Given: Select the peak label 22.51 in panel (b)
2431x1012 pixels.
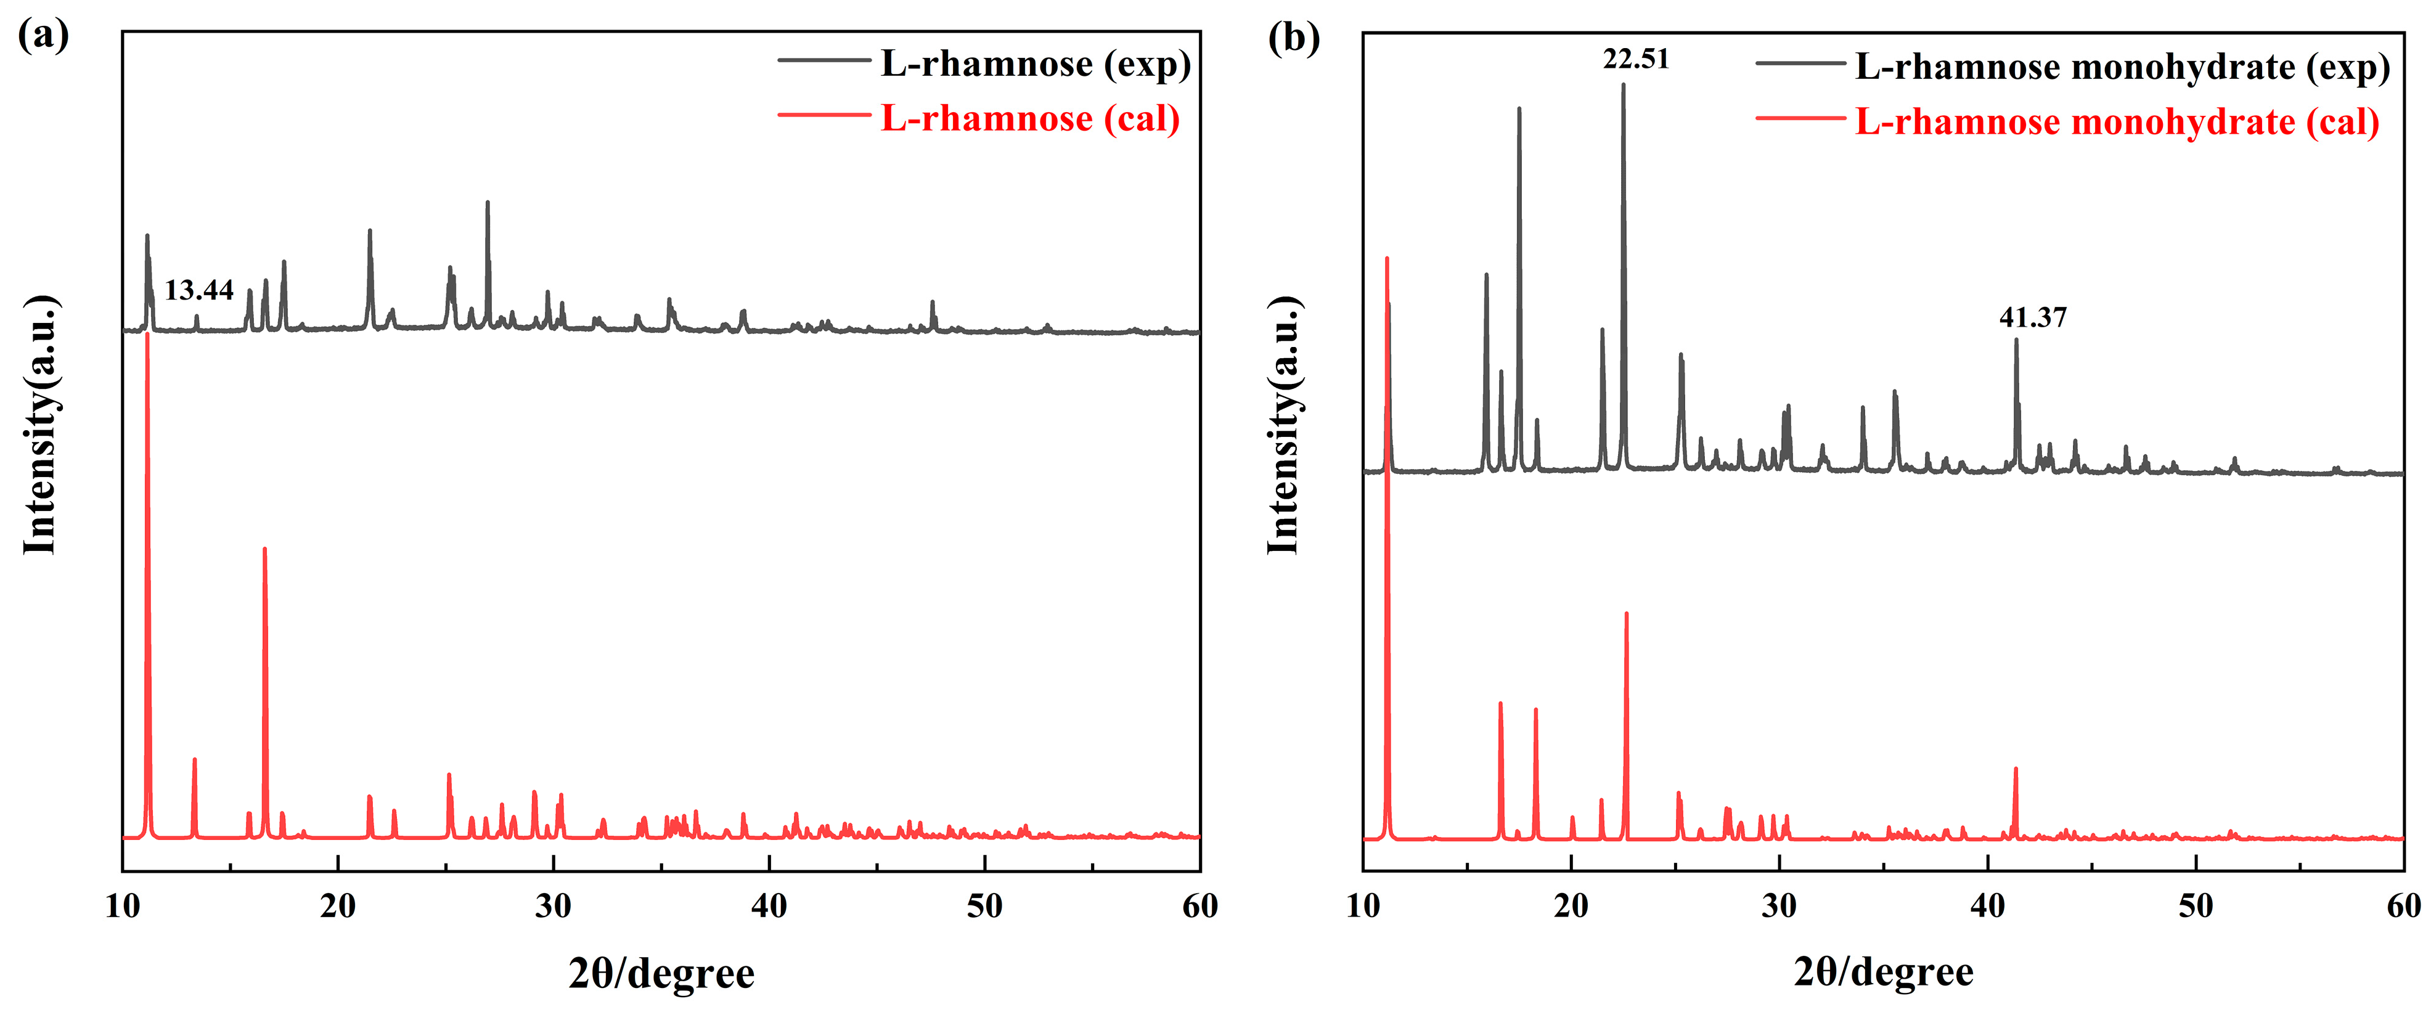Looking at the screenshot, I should tap(1635, 59).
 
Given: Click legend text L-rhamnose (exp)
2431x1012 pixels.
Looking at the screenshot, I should tap(1036, 63).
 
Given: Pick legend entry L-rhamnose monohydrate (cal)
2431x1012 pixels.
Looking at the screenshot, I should tap(2116, 122).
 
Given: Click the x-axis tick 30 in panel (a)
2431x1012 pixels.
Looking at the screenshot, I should tap(553, 906).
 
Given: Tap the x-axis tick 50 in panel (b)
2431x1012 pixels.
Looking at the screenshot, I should tap(2195, 906).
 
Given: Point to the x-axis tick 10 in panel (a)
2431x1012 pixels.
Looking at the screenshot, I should tap(123, 906).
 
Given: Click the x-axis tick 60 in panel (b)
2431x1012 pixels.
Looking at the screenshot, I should tap(2403, 906).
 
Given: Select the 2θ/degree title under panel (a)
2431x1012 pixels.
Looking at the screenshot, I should tap(661, 973).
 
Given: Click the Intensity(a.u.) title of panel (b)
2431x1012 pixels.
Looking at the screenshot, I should tap(1283, 425).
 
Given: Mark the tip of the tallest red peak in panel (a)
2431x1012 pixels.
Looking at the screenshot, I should tap(147, 334).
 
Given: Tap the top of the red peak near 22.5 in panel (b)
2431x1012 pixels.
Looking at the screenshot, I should tap(1626, 614).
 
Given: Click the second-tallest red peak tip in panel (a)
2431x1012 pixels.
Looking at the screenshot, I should tap(264, 549).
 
